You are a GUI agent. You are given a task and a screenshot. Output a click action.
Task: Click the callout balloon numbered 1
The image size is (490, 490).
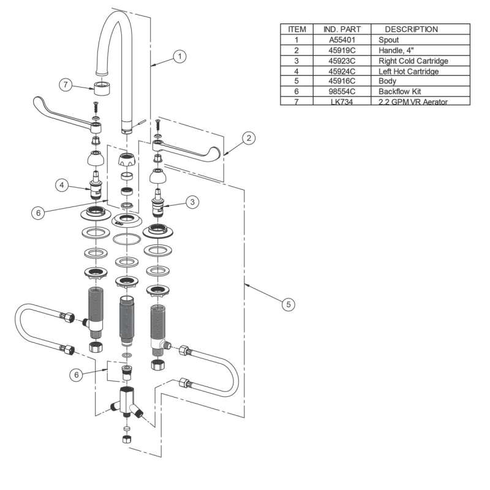179,56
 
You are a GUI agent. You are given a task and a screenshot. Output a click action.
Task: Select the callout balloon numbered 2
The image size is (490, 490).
248,138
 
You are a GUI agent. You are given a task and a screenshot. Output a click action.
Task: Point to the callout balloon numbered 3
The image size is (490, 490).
192,201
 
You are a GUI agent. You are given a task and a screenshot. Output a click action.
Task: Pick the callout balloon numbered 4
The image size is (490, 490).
62,184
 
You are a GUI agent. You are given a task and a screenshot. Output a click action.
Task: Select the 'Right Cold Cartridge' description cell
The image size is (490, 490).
413,61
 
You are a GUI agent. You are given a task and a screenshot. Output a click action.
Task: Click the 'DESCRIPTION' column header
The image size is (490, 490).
411,29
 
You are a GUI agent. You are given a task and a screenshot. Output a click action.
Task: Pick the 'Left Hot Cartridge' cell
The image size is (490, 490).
410,71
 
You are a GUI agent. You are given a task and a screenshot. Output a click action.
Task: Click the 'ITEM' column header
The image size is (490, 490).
296,29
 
